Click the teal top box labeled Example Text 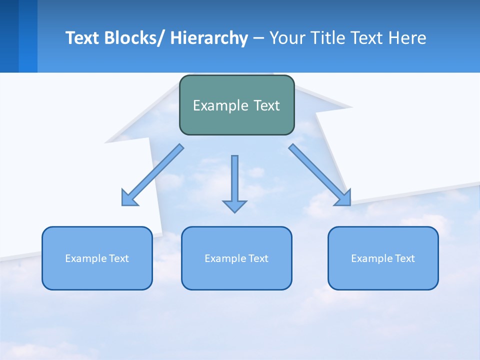[x=236, y=105]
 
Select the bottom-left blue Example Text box [x=97, y=258]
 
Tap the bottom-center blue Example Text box [x=236, y=258]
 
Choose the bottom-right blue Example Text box [x=383, y=258]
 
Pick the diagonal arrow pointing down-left [x=152, y=175]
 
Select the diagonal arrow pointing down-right [x=320, y=175]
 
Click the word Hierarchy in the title [x=209, y=38]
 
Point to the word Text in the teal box [x=265, y=105]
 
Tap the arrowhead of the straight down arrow [x=234, y=206]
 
